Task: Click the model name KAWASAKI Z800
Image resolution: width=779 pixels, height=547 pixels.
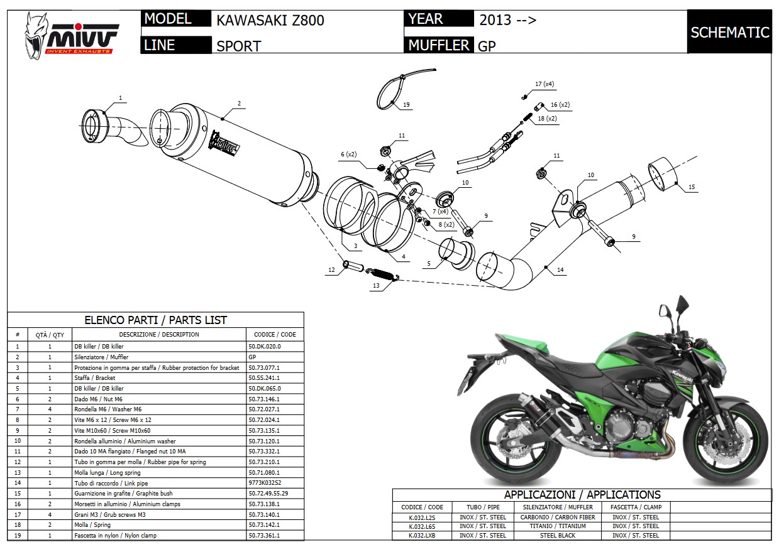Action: coord(270,20)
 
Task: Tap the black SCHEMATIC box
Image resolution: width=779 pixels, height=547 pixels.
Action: coord(729,33)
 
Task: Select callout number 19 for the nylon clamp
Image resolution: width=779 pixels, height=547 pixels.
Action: coord(406,104)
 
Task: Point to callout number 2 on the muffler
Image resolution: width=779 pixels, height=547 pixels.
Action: coord(239,103)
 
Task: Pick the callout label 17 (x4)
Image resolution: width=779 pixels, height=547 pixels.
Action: coord(544,84)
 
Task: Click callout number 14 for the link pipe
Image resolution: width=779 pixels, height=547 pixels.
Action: coord(560,269)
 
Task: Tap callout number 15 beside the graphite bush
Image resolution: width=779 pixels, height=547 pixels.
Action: coord(692,187)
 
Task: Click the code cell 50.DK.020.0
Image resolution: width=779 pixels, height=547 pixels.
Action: coord(265,346)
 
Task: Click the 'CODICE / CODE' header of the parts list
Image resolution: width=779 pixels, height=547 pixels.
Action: coord(275,334)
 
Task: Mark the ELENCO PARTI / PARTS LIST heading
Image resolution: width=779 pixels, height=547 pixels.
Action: coord(155,320)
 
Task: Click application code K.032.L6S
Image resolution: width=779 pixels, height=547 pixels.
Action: coord(422,526)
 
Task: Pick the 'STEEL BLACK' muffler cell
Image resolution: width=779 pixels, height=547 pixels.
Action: coord(558,536)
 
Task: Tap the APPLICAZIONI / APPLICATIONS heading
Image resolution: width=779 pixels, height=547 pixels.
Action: coord(582,494)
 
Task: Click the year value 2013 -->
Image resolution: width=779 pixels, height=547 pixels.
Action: coord(507,19)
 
